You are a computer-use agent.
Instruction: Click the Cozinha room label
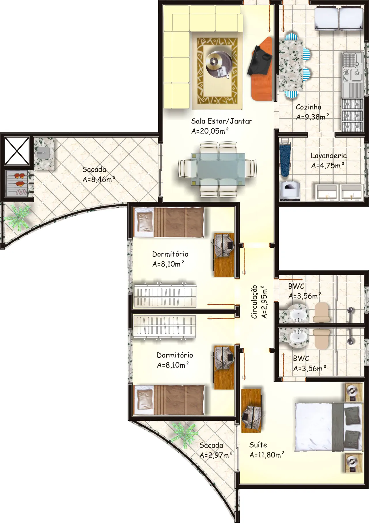pos(309,107)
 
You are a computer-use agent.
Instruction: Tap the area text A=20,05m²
pos(210,131)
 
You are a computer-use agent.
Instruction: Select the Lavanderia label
pos(329,156)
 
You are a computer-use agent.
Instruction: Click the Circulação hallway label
pos(254,302)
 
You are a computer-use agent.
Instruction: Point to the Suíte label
pos(258,445)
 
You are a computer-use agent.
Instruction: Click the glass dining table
pos(218,169)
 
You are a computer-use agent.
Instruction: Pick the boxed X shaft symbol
pos(17,151)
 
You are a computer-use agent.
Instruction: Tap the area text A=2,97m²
pos(216,455)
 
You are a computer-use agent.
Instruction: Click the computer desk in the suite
pos(251,411)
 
